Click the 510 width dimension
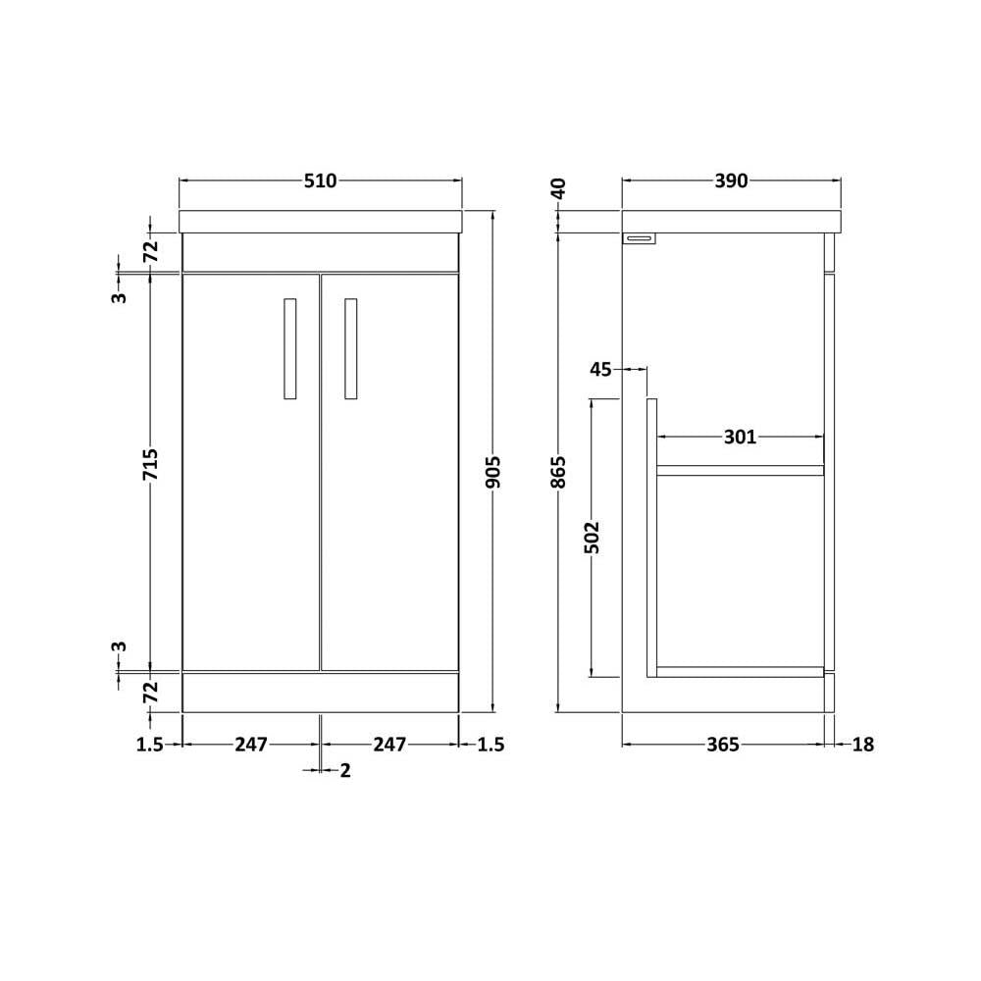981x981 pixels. (321, 181)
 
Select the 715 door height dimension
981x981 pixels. (150, 464)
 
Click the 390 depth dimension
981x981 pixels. (732, 181)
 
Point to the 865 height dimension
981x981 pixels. (559, 472)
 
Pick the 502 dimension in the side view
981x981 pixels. (592, 538)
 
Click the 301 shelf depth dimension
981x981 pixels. (740, 437)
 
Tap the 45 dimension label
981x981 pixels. (600, 370)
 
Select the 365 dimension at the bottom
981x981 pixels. (723, 745)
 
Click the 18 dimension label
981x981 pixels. (862, 745)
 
